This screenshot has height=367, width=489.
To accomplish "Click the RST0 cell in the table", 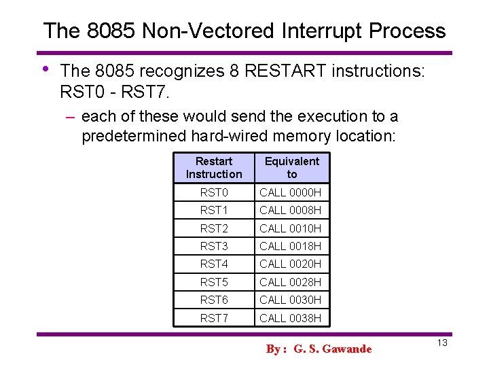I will point(214,193).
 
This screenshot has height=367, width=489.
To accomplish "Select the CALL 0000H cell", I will point(291,193).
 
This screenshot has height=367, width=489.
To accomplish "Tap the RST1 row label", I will point(214,211).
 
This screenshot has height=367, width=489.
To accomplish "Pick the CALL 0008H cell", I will point(291,211).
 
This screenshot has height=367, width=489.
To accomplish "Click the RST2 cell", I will point(214,228).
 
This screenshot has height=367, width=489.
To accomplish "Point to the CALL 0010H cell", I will point(291,228).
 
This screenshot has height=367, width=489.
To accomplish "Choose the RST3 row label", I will point(214,246).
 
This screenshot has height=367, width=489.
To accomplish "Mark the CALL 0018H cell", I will point(291,246).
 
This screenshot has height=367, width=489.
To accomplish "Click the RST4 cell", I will point(214,264).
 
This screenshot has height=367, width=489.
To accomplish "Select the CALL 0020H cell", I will point(291,264).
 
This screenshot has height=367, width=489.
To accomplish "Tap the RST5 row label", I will point(214,282).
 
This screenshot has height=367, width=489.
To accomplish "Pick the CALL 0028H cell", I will point(291,282).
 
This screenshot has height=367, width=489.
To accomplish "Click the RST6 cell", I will point(214,300).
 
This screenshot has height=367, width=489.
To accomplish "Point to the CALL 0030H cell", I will point(291,300).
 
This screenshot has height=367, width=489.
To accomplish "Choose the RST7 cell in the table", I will point(214,318).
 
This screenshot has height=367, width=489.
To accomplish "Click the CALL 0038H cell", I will point(291,318).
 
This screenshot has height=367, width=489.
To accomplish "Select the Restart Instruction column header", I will point(214,168).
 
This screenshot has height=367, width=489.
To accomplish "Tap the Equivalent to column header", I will point(291,168).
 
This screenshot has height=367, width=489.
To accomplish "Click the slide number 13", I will point(442,343).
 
